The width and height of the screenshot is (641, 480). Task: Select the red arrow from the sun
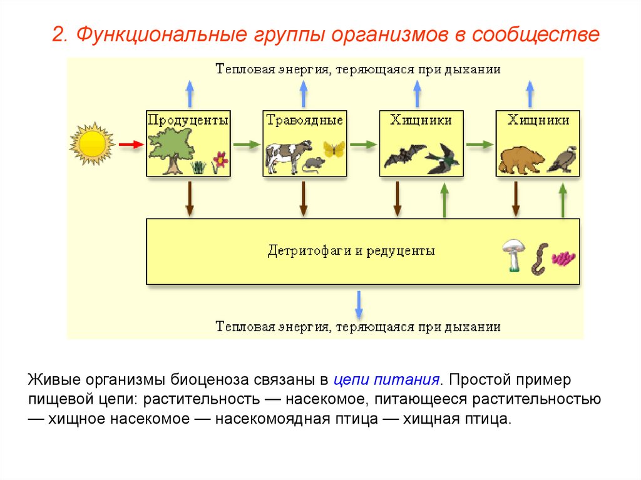(x=131, y=144)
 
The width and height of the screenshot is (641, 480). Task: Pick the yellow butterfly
(x=334, y=148)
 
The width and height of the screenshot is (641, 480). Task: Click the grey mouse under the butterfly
(x=313, y=165)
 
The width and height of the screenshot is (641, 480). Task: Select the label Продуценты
(x=188, y=119)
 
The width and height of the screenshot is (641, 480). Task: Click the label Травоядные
(x=305, y=119)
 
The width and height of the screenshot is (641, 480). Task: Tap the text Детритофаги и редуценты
(x=351, y=251)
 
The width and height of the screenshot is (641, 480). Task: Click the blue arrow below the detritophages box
(x=359, y=304)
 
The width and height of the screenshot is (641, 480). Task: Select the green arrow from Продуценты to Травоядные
(x=246, y=144)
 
